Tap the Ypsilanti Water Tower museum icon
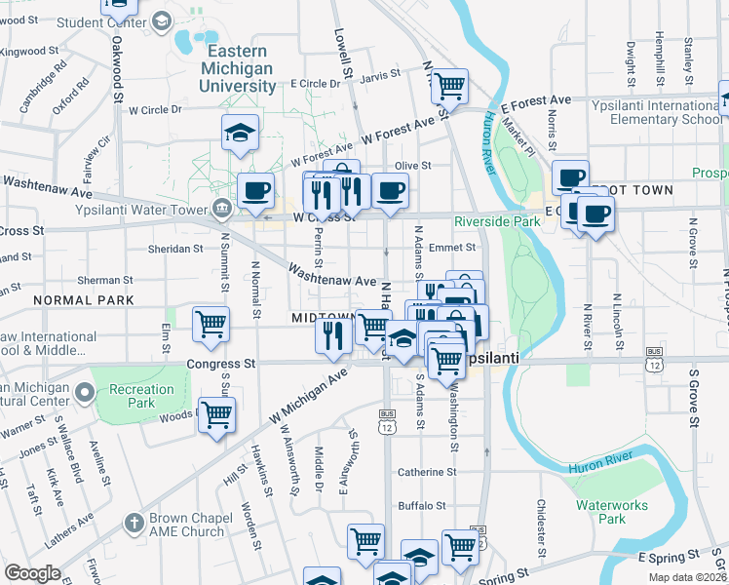click(x=222, y=207)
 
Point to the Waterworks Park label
click(x=612, y=512)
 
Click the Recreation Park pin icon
click(x=85, y=394)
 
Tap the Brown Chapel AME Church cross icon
click(x=134, y=525)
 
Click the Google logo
click(x=32, y=573)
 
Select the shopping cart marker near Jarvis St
click(x=448, y=87)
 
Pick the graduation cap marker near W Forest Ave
click(x=240, y=135)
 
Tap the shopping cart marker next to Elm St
click(x=211, y=325)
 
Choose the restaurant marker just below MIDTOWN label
click(x=333, y=336)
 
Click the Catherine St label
click(x=426, y=472)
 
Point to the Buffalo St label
click(x=421, y=506)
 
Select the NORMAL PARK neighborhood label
click(x=82, y=300)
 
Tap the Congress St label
click(x=220, y=364)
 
